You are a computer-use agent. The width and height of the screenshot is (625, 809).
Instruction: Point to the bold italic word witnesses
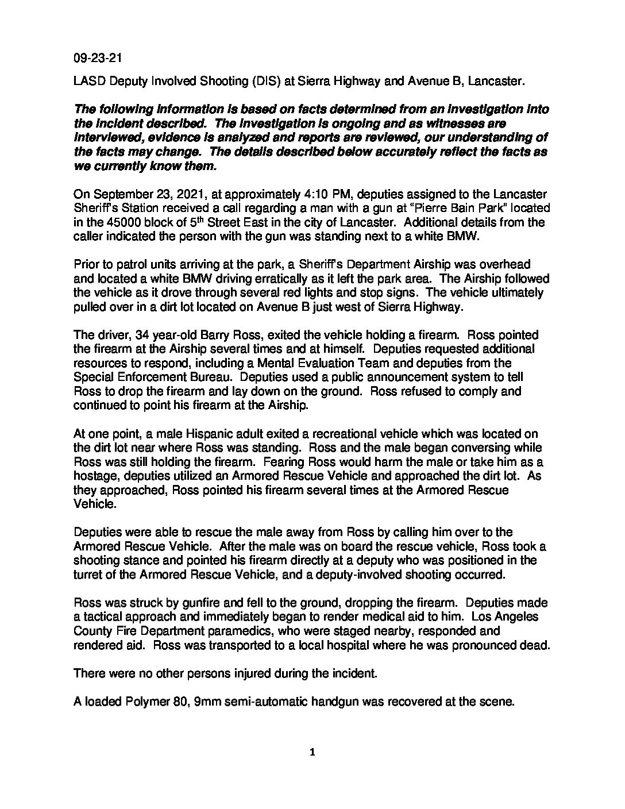pyautogui.click(x=465, y=124)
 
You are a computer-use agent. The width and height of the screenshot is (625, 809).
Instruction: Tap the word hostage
pyautogui.click(x=94, y=476)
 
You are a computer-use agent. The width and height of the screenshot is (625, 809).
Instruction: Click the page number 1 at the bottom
pyautogui.click(x=312, y=753)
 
